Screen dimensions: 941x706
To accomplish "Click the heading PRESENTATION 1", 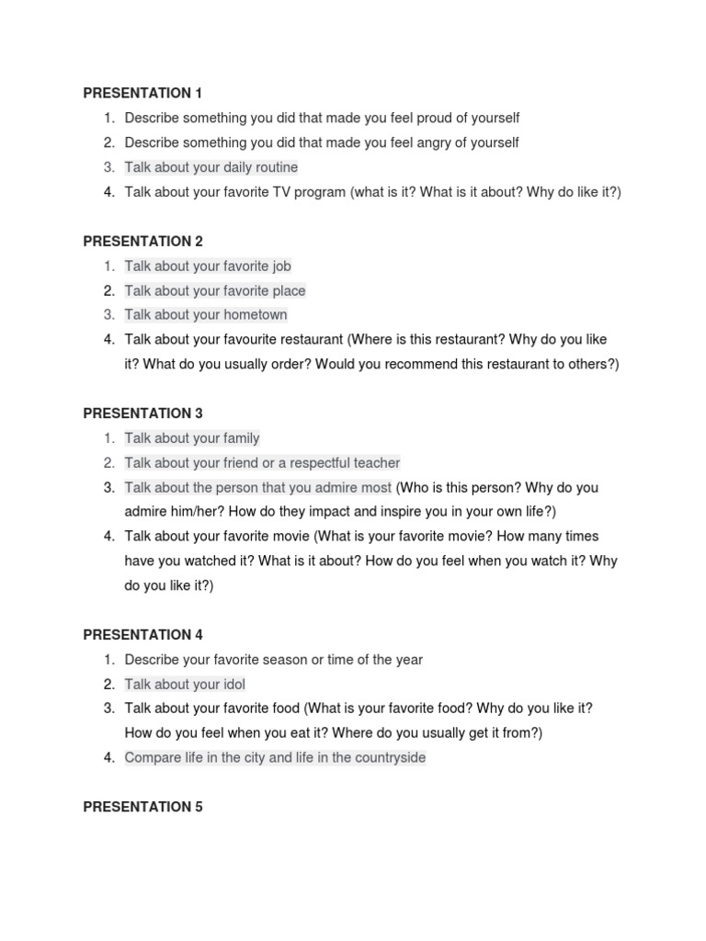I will click(x=142, y=93).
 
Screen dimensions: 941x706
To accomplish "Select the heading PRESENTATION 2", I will click(x=142, y=241).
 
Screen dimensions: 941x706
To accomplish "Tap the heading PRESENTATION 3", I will click(x=142, y=414).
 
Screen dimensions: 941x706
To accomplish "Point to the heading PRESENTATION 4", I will click(x=142, y=635).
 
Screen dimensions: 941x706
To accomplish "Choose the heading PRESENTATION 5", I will click(x=142, y=807).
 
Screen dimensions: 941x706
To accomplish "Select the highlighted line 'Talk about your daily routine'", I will click(x=211, y=167).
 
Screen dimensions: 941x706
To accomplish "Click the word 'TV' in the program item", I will click(x=283, y=192).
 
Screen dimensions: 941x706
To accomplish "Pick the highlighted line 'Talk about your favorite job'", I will click(x=208, y=266).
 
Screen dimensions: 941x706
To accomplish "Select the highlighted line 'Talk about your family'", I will click(x=192, y=438).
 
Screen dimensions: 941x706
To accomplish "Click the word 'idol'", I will click(x=233, y=685).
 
